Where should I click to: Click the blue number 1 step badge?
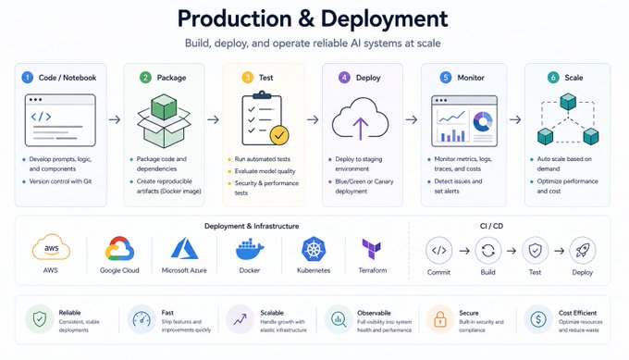[27, 78]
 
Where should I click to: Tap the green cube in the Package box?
[164, 106]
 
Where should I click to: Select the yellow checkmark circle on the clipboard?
[279, 135]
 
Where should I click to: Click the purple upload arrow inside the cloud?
[360, 129]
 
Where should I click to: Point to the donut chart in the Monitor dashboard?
[483, 121]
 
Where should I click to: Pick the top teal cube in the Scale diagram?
[568, 102]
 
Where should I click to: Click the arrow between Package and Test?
[213, 119]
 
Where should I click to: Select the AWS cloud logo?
[52, 247]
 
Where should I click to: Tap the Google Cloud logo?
[119, 249]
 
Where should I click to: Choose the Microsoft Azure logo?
[184, 248]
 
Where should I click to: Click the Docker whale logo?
[250, 249]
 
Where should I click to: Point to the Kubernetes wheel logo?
[314, 249]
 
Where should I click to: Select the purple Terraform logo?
[372, 249]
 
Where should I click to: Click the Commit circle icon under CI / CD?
[438, 251]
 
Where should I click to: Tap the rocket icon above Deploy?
[582, 251]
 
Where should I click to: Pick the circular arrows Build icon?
[487, 251]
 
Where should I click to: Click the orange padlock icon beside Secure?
[440, 319]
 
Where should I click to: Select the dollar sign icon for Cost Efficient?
[538, 319]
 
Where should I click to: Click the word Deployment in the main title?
[384, 19]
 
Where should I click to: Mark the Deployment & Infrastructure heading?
[252, 226]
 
